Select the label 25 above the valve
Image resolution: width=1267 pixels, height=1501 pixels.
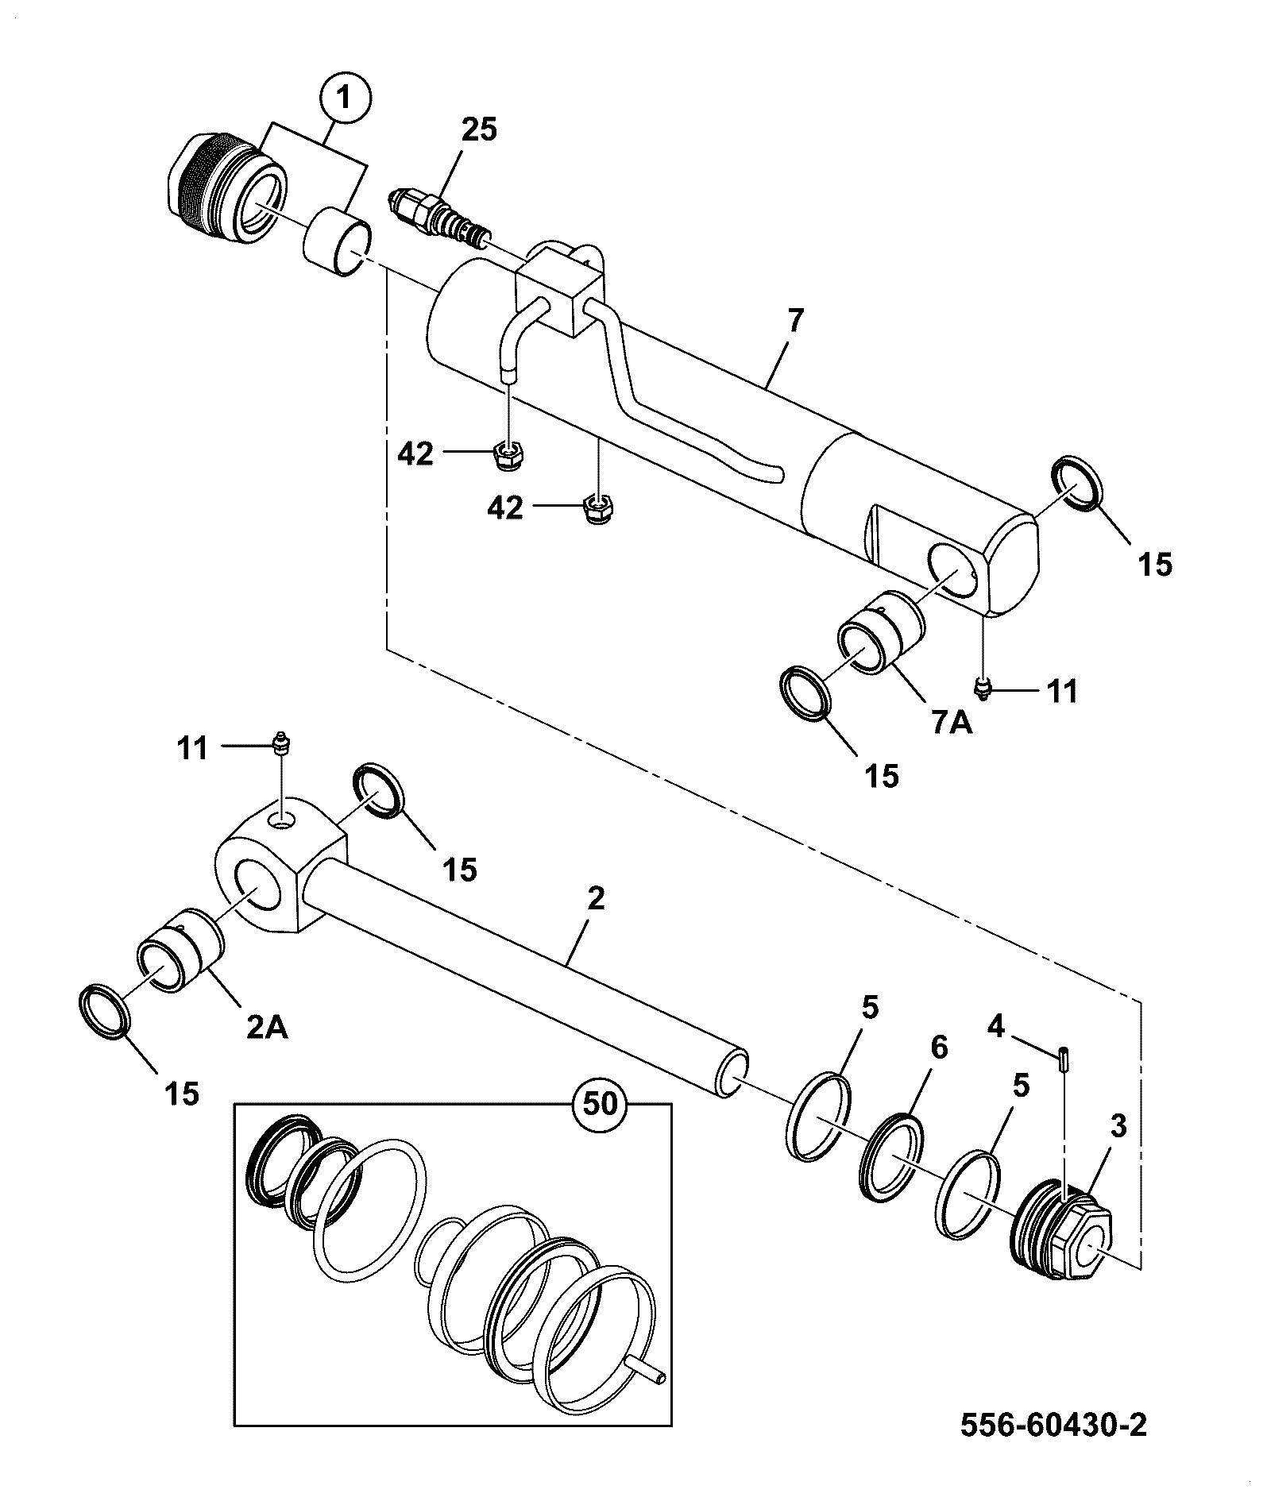[479, 129]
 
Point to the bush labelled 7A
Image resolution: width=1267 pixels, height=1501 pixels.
[879, 634]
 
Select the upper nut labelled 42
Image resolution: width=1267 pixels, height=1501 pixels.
[505, 455]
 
